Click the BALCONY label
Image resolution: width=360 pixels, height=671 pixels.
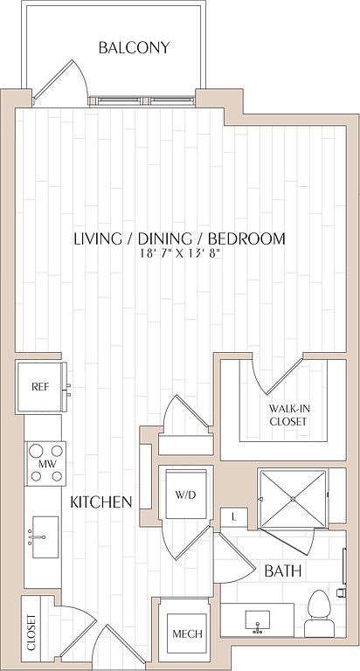134,47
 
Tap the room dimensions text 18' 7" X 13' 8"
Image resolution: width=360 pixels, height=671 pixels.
180,253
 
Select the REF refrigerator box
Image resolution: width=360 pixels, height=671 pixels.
42,387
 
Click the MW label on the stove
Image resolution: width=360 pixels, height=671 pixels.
46,463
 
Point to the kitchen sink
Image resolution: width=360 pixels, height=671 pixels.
45,537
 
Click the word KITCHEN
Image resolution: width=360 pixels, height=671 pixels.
101,502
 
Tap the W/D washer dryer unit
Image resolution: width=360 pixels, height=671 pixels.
186,495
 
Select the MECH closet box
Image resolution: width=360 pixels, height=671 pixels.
187,633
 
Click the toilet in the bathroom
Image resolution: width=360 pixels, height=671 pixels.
319,613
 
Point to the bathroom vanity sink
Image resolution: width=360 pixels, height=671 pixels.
258,621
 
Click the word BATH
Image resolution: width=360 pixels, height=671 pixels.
283,571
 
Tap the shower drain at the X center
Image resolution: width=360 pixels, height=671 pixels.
294,499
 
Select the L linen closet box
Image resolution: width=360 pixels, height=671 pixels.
233,517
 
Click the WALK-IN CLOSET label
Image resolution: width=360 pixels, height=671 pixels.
288,415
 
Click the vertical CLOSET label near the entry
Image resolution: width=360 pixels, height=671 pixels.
31,633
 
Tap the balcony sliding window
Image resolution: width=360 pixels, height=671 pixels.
142,101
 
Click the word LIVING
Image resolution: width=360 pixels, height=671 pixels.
98,239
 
